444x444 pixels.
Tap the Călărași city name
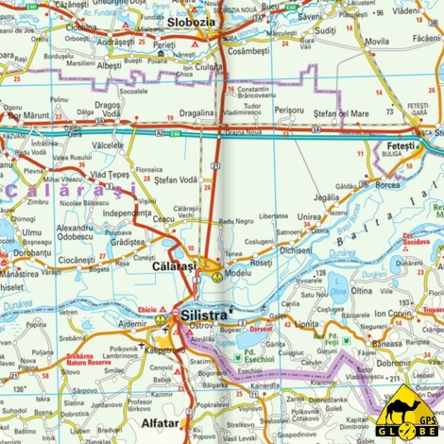coord(174,267)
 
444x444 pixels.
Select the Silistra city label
coord(205,313)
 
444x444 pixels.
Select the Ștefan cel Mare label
coord(339,111)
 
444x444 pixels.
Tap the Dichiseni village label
coord(296,250)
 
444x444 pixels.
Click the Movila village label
coord(376,42)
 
